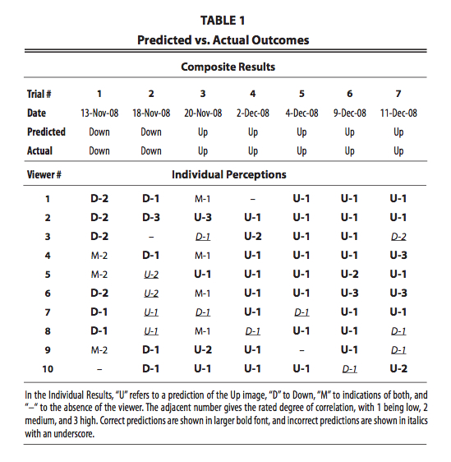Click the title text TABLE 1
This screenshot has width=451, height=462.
223,21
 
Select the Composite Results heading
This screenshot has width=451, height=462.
228,67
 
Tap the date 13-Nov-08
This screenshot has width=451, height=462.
99,113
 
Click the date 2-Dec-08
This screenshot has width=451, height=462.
253,113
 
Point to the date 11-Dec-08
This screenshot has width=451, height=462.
398,113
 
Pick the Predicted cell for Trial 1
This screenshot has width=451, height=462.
99,132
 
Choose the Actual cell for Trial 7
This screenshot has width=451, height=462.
398,151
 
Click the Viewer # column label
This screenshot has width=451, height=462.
44,175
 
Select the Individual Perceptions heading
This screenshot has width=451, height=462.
229,175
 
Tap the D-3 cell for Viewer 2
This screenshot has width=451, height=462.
151,218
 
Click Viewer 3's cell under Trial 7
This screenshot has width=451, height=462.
398,237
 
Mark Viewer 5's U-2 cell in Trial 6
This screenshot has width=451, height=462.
350,274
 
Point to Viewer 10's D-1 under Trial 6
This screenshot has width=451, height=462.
350,369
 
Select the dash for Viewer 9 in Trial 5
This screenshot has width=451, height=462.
301,350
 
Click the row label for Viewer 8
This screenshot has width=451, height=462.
48,331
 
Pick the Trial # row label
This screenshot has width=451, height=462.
39,94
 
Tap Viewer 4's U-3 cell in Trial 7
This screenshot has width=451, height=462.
398,255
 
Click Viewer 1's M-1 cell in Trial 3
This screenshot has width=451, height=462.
203,199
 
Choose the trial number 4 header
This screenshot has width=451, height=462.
253,94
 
